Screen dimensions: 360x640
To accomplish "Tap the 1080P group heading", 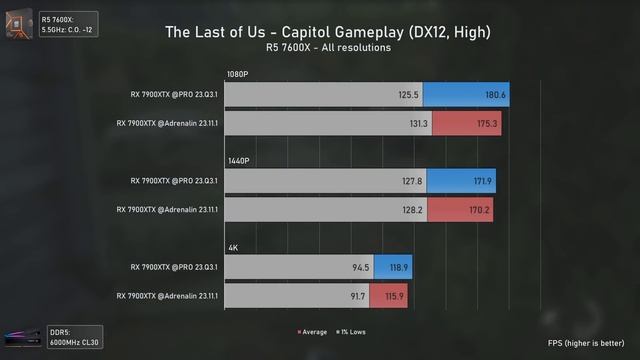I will point(238,74).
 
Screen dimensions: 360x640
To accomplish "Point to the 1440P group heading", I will point(238,160).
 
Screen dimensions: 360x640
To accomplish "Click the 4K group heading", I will point(232,246).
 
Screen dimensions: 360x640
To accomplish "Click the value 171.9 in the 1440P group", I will point(481,182).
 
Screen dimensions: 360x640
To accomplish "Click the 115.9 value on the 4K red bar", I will point(394,296).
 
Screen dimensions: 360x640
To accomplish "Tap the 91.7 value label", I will point(354,296).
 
